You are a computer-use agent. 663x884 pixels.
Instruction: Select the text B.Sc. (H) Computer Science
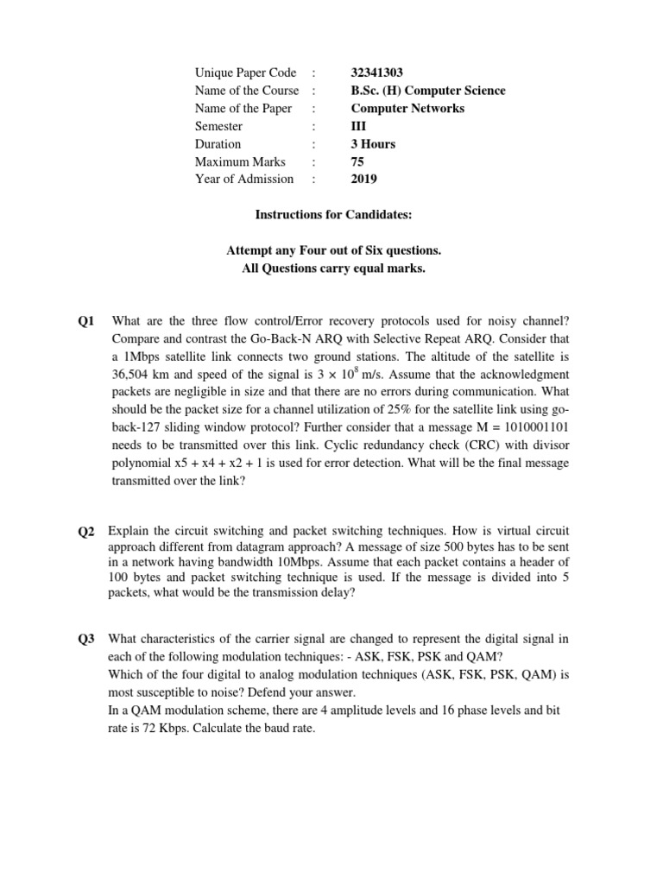pos(428,91)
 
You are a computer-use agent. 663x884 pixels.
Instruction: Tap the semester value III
pos(358,126)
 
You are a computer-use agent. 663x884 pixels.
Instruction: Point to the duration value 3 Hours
pos(373,144)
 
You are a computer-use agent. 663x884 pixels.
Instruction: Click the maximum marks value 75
pos(357,161)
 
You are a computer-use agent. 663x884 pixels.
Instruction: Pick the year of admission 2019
pos(363,180)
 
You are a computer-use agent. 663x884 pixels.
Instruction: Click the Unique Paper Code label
pos(245,73)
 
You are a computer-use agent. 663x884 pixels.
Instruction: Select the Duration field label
pos(218,144)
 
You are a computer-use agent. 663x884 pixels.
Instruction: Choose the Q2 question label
pos(86,532)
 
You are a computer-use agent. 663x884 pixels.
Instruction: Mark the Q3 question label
pos(86,640)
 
